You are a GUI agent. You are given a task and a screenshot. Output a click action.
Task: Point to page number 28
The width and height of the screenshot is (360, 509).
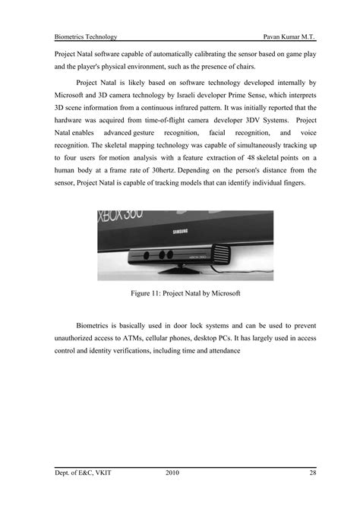click(313, 473)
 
